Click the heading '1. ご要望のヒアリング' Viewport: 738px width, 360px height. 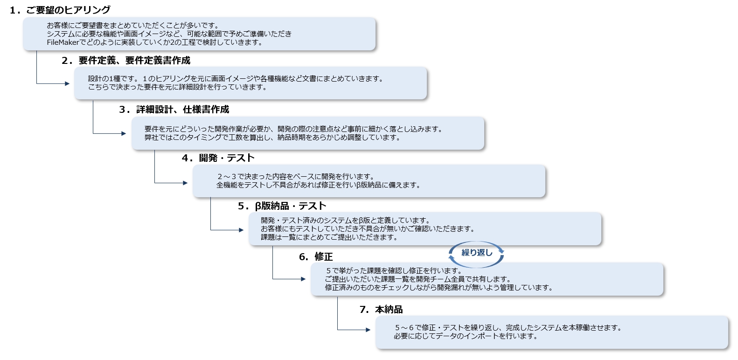[x=60, y=10]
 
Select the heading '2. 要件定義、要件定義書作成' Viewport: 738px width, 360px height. [x=126, y=61]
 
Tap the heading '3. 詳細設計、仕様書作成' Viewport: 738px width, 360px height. [x=174, y=109]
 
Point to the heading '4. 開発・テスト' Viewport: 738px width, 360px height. [x=218, y=158]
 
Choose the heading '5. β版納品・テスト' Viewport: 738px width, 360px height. [x=282, y=206]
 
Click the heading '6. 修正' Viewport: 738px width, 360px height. [x=316, y=256]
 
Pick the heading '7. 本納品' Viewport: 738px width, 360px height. [x=381, y=310]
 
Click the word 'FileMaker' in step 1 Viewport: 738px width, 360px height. [x=63, y=42]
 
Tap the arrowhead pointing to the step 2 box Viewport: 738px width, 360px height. [x=67, y=83]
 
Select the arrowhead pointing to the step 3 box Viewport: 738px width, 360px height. [x=124, y=133]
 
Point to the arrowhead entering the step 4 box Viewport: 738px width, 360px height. [x=185, y=183]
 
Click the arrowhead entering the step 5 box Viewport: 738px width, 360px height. [x=241, y=230]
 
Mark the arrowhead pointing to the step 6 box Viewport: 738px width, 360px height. [x=303, y=279]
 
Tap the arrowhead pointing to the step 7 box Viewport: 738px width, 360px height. [x=368, y=330]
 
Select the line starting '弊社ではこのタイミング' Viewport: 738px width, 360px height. [x=272, y=138]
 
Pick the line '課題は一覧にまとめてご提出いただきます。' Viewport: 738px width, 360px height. [x=329, y=237]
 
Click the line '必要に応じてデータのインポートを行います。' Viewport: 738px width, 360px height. [x=466, y=336]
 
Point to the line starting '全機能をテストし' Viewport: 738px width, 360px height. [x=318, y=185]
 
